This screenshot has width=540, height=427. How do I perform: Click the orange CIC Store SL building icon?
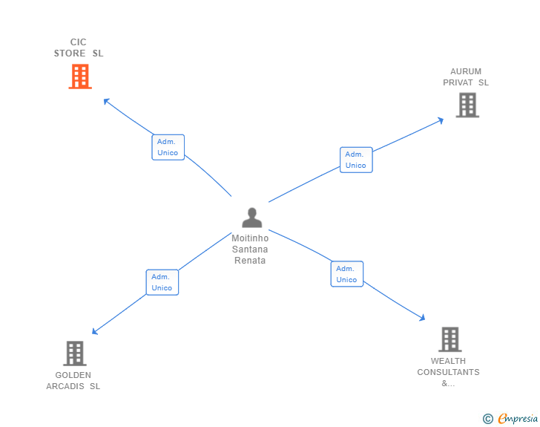coord(80,76)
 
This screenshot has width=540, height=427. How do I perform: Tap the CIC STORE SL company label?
coord(79,48)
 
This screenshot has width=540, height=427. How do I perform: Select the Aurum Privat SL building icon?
coord(467,105)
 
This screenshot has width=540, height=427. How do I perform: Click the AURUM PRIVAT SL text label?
coord(466,77)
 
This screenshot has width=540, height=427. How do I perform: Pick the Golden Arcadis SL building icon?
coord(74,353)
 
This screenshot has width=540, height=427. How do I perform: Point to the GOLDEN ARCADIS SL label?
coord(73,380)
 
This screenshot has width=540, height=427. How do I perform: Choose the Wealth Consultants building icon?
coord(450,339)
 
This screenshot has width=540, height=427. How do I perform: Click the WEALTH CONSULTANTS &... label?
coord(448,372)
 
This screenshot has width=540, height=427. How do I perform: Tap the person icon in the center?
coord(252,218)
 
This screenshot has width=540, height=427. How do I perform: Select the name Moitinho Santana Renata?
coord(250,250)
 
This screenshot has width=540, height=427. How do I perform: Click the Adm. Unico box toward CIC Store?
coord(168,147)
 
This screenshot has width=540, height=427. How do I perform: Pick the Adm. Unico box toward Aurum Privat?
coord(356,160)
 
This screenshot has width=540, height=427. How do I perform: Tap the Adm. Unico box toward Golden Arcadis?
coord(162,282)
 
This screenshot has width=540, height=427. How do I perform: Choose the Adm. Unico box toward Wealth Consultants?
coord(346,274)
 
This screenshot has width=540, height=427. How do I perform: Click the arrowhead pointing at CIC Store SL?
coord(106,101)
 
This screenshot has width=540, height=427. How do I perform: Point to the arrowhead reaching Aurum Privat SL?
coord(441,119)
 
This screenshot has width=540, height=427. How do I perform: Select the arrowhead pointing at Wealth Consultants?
coord(422,318)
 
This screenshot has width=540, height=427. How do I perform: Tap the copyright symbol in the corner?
coord(488,419)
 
